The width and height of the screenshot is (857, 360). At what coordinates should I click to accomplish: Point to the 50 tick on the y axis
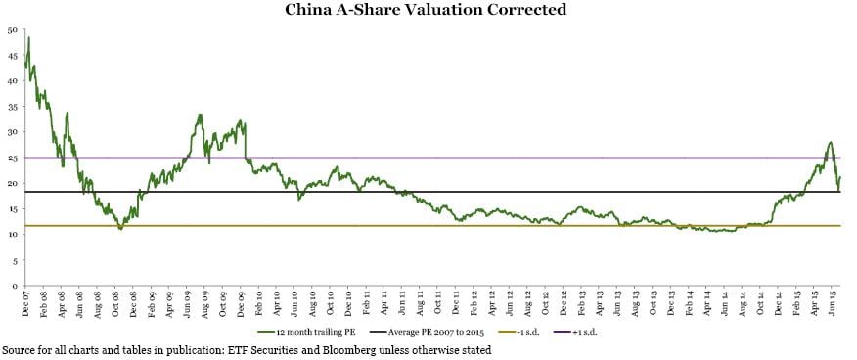[11, 29]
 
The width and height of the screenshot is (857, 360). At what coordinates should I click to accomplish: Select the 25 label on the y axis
[11, 157]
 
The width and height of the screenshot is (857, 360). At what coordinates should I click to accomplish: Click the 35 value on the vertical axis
[11, 107]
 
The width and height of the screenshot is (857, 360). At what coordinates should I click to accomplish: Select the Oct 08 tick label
[115, 303]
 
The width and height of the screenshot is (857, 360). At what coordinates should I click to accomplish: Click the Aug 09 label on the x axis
[204, 303]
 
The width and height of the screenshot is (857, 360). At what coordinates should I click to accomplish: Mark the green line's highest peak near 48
[28, 38]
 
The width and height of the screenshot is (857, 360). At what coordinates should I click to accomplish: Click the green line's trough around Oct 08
[120, 228]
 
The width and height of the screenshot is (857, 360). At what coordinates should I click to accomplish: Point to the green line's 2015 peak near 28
[830, 142]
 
